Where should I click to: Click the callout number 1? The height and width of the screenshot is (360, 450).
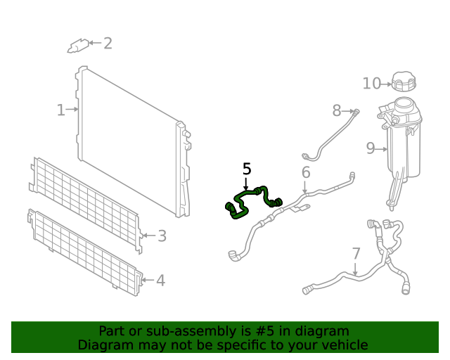point(60,110)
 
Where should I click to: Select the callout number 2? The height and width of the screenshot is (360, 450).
point(108,44)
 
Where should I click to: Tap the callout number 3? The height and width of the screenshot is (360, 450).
point(162,236)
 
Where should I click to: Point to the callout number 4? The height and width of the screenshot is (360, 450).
point(161,281)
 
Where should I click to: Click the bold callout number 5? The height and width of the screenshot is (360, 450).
point(247,169)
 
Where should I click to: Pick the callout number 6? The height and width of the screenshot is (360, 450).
point(306,172)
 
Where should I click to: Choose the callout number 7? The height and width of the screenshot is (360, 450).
point(356,254)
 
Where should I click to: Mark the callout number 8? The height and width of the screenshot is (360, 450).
point(337,110)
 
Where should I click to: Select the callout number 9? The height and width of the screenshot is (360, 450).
point(371,148)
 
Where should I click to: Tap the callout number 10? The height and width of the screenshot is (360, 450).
point(372,84)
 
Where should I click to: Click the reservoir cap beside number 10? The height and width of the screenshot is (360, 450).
point(404,82)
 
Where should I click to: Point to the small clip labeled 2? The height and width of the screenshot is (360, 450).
point(78,46)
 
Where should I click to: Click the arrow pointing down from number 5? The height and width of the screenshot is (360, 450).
point(245,184)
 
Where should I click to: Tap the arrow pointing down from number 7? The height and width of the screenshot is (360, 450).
point(356,269)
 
